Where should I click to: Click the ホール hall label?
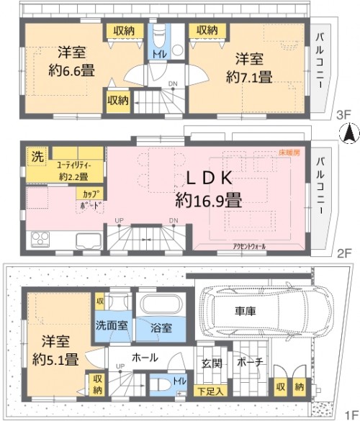coord(145,356)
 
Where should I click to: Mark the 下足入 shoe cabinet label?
coord(208,391)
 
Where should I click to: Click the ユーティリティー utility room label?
coord(74,165)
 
